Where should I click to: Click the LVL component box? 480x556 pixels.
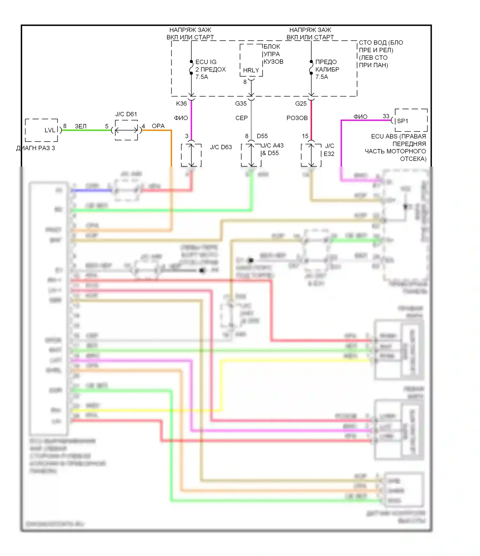41,130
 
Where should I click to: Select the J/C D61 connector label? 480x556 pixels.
126,114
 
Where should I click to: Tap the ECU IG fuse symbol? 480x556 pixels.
191,68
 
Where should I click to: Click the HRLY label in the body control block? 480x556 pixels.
251,71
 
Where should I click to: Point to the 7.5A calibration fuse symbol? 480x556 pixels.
311,68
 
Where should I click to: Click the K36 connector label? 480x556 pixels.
181,104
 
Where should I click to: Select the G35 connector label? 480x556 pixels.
241,104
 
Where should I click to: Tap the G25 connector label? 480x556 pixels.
301,104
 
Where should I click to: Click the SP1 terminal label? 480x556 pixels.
403,121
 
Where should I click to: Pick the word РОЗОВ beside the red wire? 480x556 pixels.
297,118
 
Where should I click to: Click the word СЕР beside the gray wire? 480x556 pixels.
242,118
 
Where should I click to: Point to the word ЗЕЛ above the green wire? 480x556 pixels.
81,127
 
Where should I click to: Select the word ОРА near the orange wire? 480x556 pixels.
158,126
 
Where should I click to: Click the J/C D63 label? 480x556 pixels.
221,147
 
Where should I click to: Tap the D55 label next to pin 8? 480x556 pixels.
262,136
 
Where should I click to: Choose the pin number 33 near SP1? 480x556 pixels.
386,116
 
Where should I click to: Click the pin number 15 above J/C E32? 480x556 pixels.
305,136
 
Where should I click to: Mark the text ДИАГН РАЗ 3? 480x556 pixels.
36,148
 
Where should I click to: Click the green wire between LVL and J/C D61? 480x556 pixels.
86,130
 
